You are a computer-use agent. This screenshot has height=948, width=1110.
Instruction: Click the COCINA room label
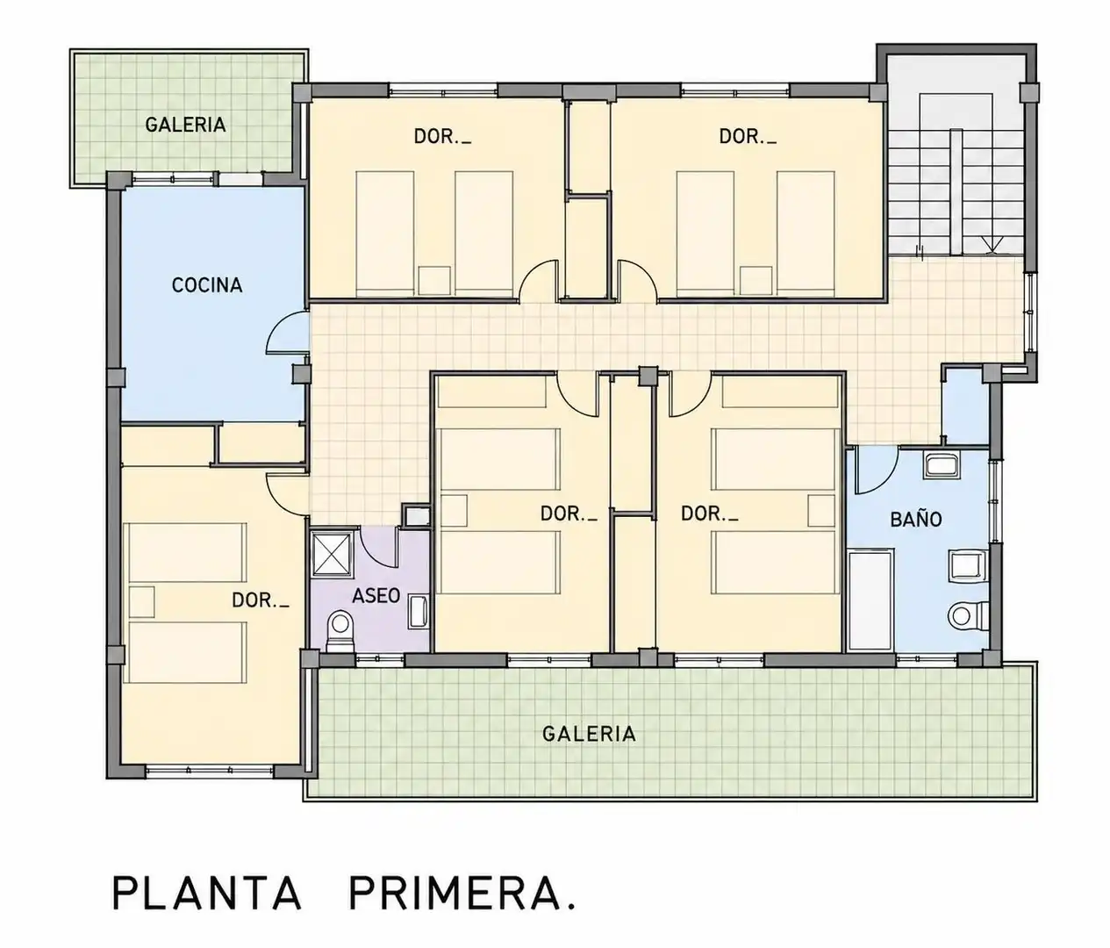click(x=207, y=284)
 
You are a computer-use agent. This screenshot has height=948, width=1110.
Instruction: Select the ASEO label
click(x=376, y=595)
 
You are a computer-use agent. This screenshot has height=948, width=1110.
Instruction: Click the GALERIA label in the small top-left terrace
click(x=185, y=125)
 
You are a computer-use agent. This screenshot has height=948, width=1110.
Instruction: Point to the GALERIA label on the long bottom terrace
click(x=589, y=734)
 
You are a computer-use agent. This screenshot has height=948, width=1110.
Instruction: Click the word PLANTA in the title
click(x=207, y=893)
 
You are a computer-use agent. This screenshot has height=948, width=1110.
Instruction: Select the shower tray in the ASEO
click(x=333, y=553)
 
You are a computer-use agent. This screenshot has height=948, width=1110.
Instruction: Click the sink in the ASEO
click(x=418, y=611)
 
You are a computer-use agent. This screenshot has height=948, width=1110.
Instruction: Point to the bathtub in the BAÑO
click(x=870, y=599)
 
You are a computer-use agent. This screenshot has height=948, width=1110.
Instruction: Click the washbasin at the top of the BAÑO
click(x=941, y=465)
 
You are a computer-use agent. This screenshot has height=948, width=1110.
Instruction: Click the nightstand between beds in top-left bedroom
click(x=433, y=280)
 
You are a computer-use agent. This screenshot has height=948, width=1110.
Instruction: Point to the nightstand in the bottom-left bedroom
click(x=142, y=601)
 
